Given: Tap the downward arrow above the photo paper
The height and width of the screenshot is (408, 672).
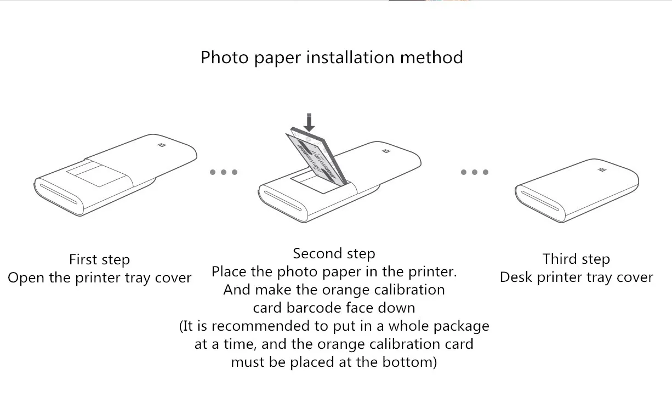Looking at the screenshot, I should click(309, 122).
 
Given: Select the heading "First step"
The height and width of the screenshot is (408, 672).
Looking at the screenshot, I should click(99, 259).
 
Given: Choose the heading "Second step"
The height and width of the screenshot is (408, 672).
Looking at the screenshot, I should click(334, 253).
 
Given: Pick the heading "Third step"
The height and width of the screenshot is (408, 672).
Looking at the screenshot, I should click(576, 259).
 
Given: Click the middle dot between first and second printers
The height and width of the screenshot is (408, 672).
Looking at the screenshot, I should click(224, 172).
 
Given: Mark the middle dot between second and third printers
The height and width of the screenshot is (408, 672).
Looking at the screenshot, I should click(474, 172).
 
